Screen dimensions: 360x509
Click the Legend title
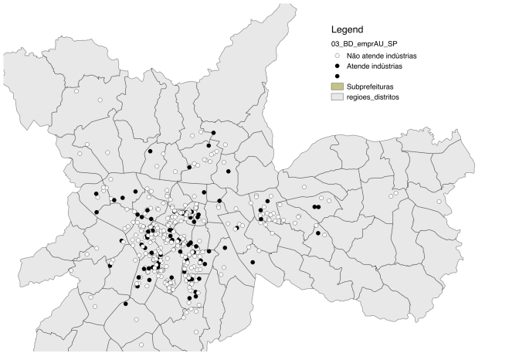[348, 29]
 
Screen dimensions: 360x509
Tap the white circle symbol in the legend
[338, 56]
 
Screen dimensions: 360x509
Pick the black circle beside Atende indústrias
[338, 66]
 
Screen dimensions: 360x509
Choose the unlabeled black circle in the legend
[338, 76]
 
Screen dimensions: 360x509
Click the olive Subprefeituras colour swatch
[338, 87]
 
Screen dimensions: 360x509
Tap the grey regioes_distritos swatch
[338, 98]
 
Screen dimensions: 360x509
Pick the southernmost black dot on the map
[125, 304]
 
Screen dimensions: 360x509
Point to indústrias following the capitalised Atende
[392, 66]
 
